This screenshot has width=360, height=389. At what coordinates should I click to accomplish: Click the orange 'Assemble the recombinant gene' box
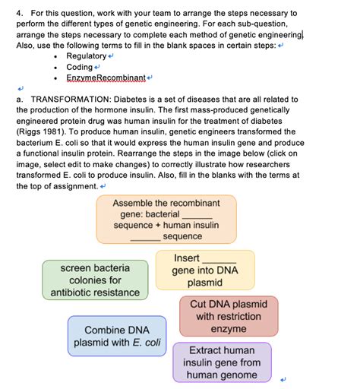166,220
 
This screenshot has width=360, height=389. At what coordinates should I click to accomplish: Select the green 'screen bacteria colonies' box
96,280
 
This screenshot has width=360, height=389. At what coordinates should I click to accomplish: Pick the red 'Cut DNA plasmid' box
229,316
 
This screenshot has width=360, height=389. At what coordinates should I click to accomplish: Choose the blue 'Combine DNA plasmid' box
117,336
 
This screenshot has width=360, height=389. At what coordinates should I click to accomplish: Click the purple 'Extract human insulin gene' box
222,362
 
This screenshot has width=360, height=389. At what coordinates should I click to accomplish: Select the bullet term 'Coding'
79,68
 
